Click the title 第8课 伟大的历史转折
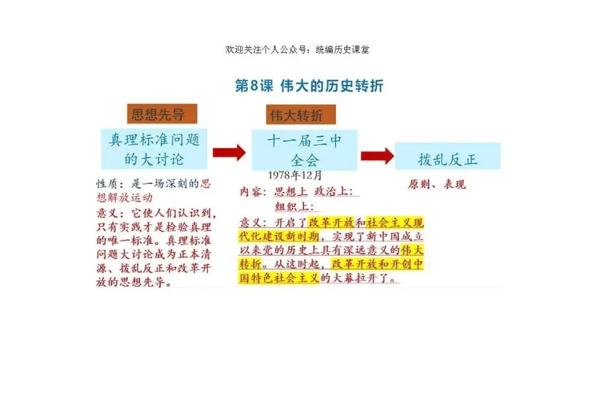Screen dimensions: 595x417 point(309,86)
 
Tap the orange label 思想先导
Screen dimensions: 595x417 point(157,115)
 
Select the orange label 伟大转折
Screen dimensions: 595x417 point(296,115)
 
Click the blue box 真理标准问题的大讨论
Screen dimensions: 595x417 point(154,149)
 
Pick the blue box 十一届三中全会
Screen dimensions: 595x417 point(305,150)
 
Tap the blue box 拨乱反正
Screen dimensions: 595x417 point(447,159)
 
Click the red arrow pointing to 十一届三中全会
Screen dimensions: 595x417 point(229,152)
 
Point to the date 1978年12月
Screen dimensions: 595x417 point(295,175)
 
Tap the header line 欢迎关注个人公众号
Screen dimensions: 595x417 point(297,50)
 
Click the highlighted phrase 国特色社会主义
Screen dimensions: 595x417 point(279,278)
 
